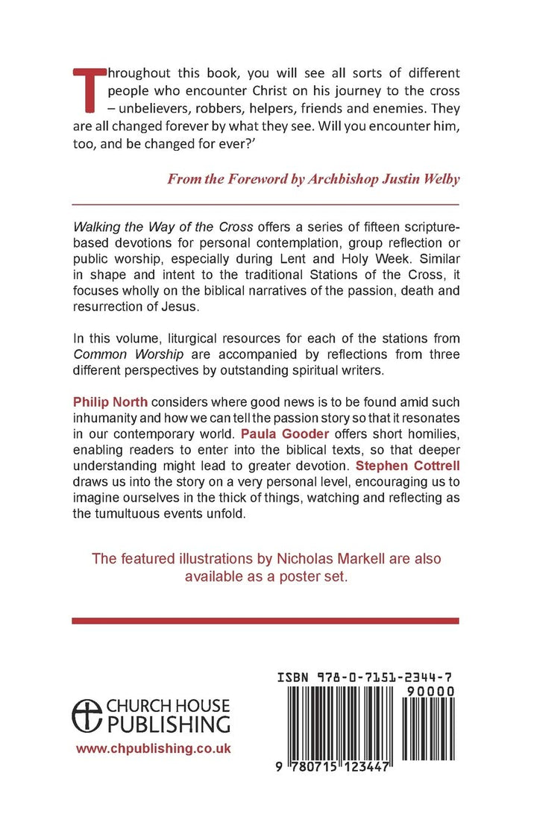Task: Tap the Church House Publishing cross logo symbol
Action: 87,714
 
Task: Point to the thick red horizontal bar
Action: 266,620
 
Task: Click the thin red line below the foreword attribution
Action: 266,204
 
